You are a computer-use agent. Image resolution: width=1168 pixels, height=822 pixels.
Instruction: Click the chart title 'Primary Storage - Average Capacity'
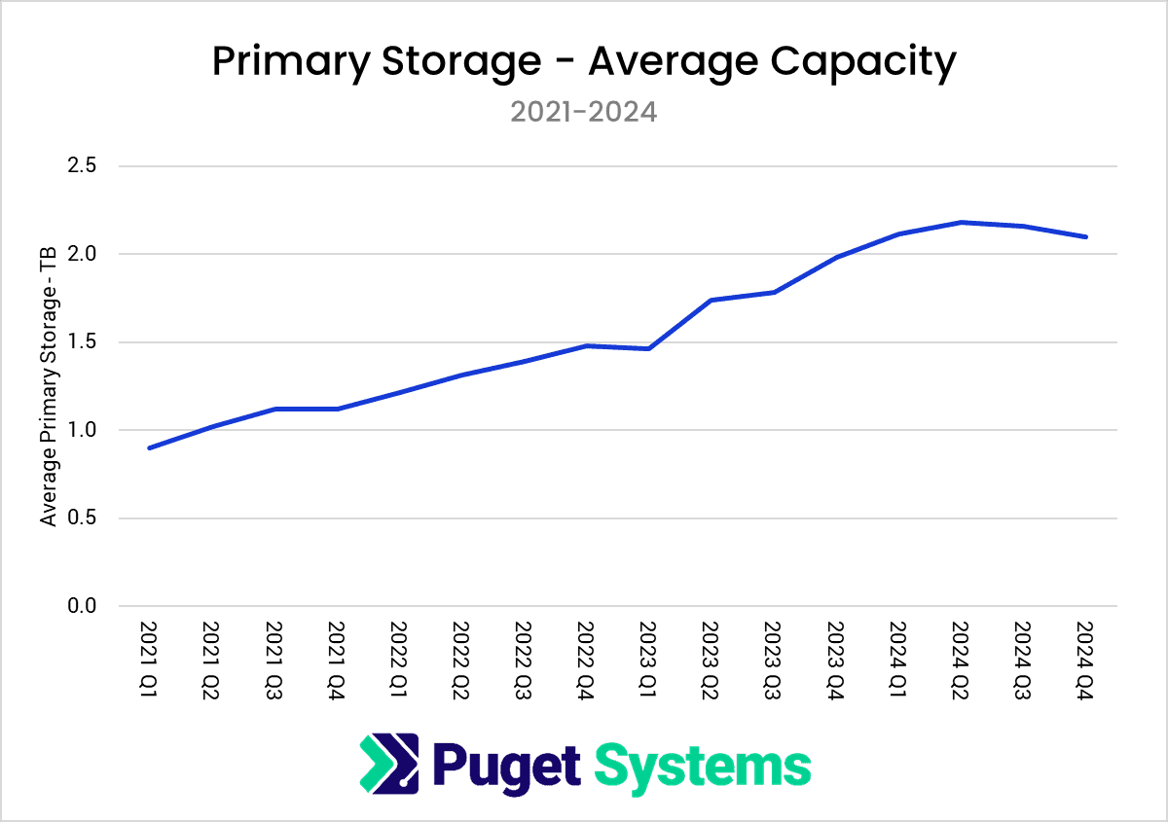tap(584, 62)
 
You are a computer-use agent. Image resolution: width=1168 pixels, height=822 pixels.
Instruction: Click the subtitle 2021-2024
tap(584, 112)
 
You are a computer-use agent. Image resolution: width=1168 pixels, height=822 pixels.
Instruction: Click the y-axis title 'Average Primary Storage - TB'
tap(49, 386)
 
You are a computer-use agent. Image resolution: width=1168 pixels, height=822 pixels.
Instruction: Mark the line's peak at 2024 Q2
tap(961, 222)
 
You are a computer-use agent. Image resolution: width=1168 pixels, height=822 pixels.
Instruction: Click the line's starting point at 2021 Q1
tap(149, 447)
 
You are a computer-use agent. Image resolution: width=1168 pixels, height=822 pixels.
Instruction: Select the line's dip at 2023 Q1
tap(648, 348)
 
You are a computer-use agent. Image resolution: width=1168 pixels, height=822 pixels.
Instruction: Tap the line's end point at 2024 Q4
tap(1085, 236)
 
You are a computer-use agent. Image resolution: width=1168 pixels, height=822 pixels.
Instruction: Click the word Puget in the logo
tap(506, 765)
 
